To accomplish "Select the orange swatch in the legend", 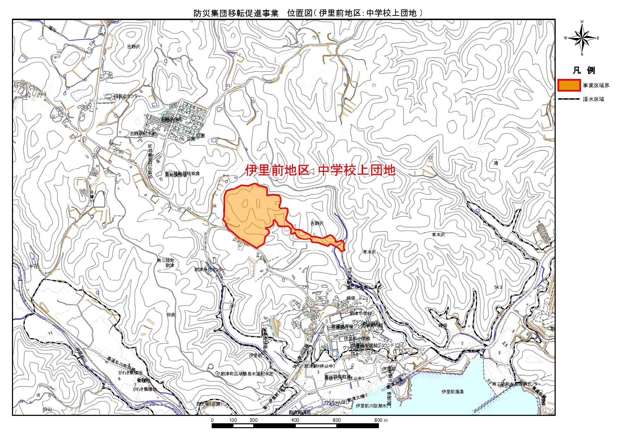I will tap(569, 85).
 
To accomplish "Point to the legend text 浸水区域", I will tap(593, 99).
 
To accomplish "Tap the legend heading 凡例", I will tap(583, 70).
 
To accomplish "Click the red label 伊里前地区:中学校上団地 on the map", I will tap(320, 170).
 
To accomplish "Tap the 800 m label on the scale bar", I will tap(381, 420).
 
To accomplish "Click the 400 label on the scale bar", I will tap(295, 420).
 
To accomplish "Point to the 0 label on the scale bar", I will tap(212, 420).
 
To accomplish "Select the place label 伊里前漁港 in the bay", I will tap(452, 392).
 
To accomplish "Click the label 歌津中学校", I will tap(361, 313).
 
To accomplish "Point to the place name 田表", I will tap(171, 314).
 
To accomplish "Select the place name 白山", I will tap(47, 409).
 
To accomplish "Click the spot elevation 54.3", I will tap(498, 287).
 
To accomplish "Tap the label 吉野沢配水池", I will tap(143, 134).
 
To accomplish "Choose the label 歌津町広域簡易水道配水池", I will tap(247, 373).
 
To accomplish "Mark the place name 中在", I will tap(33, 267).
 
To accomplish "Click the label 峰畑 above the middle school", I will tap(351, 298).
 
